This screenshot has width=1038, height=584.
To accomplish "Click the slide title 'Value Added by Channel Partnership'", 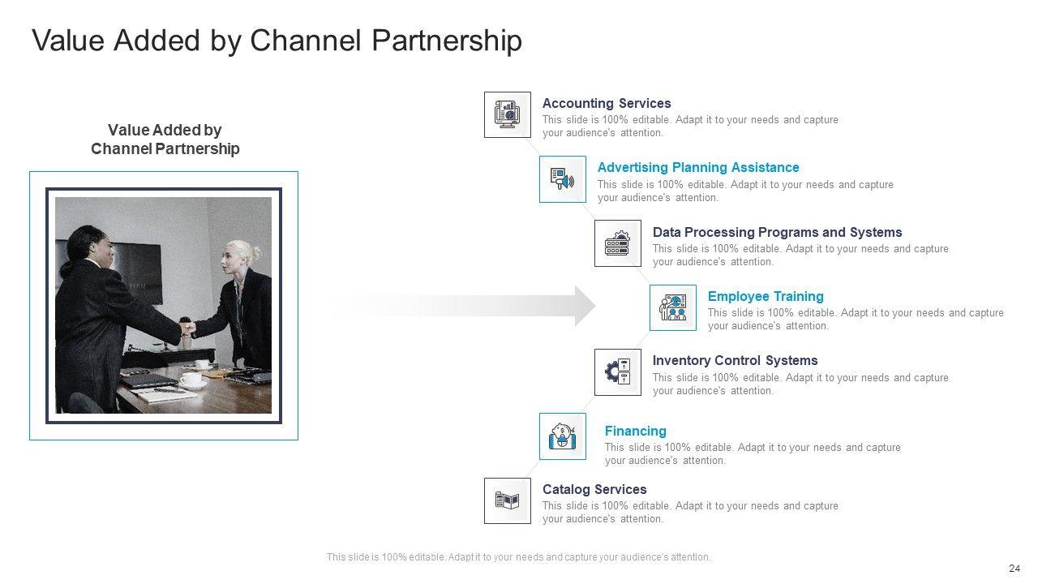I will coord(277,41).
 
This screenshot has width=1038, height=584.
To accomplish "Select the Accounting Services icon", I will coord(508,114).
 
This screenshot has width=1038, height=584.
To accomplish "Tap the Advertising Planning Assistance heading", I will coord(698,168).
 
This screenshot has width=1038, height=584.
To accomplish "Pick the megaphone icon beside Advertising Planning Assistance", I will coord(563,179).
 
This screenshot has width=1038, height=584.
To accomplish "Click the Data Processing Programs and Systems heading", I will coord(777,232).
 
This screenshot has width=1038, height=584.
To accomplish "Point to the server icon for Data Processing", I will coord(618,243).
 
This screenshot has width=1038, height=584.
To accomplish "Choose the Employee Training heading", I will coord(766,297).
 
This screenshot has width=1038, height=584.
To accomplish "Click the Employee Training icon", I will coord(673,308).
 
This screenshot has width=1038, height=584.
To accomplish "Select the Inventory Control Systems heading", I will coord(735,361).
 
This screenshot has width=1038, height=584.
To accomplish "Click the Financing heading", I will coord(636,432).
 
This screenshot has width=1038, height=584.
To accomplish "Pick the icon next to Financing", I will coord(563,436).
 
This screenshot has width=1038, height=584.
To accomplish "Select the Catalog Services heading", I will coord(594,490).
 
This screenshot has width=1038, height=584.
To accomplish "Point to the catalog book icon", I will coord(508,501).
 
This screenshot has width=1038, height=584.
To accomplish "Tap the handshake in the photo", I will coord(187,328).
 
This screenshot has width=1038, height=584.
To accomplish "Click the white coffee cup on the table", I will coord(191,380).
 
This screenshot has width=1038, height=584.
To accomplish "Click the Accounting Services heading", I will coord(607,104).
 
